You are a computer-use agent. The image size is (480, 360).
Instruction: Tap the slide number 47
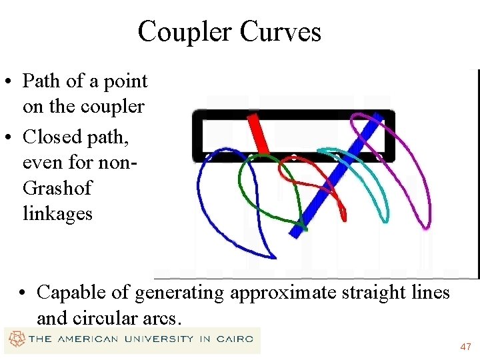(x=465, y=347)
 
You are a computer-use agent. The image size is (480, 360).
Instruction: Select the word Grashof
(x=57, y=188)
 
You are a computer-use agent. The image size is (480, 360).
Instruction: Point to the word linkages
(x=57, y=214)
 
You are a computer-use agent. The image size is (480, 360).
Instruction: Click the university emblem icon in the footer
(x=15, y=339)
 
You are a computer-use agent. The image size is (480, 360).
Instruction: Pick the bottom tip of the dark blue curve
(x=274, y=257)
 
